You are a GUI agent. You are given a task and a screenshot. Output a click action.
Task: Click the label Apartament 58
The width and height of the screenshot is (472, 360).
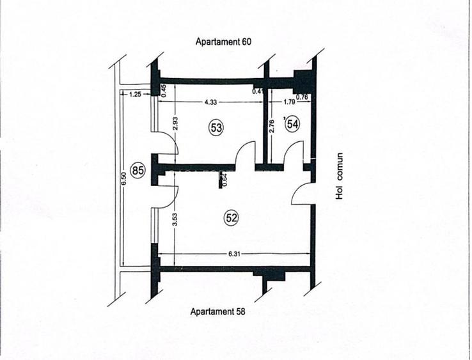pyautogui.click(x=219, y=312)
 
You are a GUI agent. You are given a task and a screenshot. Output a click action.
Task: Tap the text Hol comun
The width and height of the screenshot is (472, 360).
pyautogui.click(x=340, y=176)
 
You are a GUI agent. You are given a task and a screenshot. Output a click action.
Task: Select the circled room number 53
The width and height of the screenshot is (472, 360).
pyautogui.click(x=217, y=127)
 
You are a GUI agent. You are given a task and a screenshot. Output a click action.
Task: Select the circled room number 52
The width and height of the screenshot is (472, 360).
pyautogui.click(x=231, y=218)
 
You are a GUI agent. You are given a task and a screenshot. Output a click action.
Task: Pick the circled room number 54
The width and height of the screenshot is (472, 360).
pyautogui.click(x=292, y=124)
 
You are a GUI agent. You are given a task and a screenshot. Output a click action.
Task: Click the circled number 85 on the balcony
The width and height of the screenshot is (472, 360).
pyautogui.click(x=137, y=170)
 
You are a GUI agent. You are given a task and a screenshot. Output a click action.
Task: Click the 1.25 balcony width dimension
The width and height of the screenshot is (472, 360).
pyautogui.click(x=134, y=94)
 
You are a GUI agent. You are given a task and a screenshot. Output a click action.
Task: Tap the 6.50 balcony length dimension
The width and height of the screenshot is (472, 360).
pyautogui.click(x=123, y=181)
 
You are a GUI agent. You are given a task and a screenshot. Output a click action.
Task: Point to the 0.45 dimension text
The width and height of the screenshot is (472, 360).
pyautogui.click(x=164, y=91)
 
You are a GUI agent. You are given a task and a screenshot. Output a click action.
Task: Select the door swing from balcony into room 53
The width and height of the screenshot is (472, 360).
pyautogui.click(x=165, y=142)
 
